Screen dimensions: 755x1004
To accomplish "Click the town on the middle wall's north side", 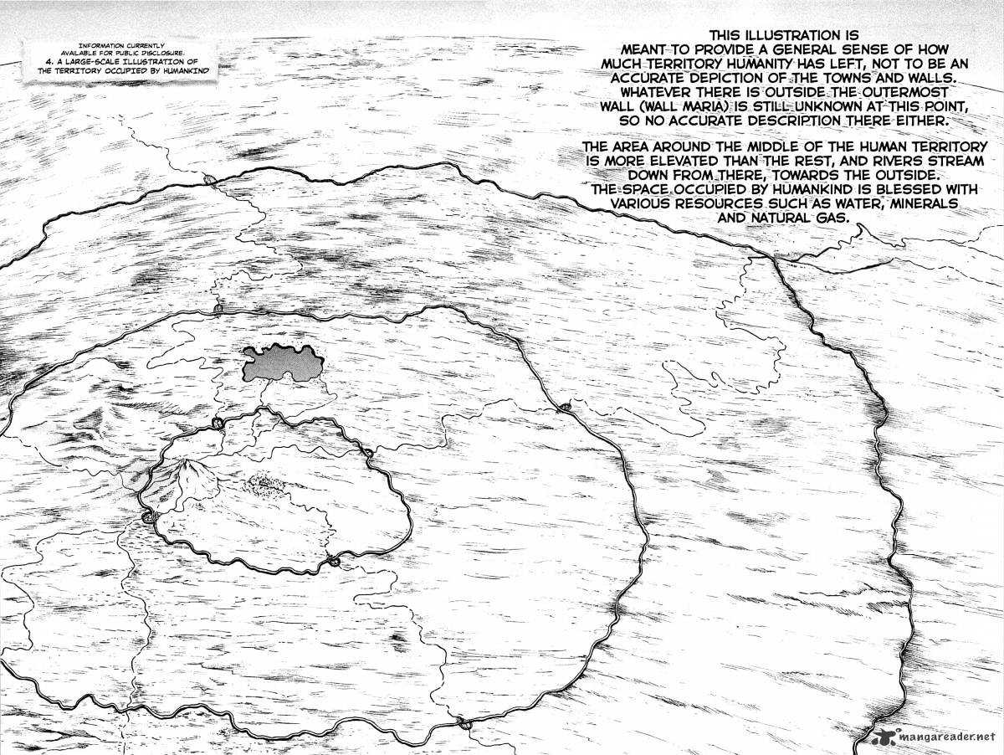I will click(x=218, y=310).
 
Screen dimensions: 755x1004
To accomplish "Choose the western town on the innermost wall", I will click(x=151, y=517).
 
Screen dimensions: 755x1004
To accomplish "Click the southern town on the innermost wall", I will click(x=333, y=561).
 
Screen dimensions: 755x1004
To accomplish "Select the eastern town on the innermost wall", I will click(x=367, y=453).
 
